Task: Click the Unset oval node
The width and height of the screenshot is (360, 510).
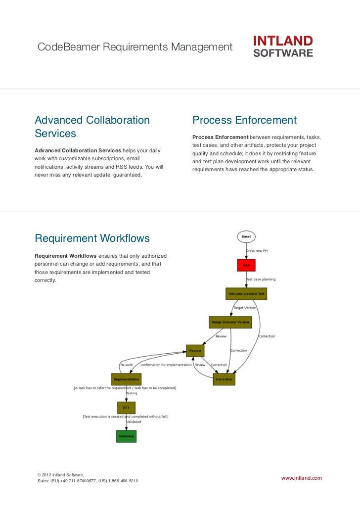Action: click(246, 236)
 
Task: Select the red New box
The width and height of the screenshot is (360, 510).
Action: click(246, 265)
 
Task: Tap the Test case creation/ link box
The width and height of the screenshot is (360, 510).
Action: click(246, 294)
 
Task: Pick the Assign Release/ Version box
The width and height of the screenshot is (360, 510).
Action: click(230, 322)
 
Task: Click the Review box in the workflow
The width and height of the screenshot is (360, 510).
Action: click(195, 351)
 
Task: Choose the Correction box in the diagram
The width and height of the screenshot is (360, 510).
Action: click(224, 379)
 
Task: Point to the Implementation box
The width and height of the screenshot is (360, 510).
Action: click(126, 379)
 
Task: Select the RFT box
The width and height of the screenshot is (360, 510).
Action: click(126, 408)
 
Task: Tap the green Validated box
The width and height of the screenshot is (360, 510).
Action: click(126, 436)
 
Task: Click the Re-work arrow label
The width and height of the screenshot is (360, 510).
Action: click(127, 365)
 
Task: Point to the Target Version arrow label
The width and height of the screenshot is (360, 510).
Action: click(244, 308)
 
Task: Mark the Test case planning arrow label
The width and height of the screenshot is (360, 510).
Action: click(261, 279)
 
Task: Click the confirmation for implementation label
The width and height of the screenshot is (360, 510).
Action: click(166, 365)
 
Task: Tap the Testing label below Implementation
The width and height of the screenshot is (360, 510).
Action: click(131, 393)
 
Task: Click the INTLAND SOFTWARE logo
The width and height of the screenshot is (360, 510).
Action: click(283, 46)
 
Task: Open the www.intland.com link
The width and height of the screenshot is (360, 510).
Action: click(301, 478)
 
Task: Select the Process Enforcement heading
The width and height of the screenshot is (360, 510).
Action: click(244, 120)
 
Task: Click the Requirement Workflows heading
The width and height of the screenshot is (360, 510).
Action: click(92, 238)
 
